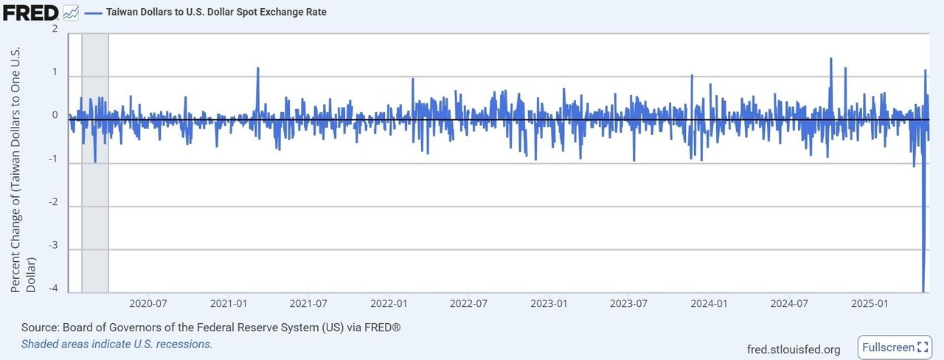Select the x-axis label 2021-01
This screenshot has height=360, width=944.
pyautogui.click(x=228, y=303)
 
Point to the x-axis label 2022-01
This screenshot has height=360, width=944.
pyautogui.click(x=389, y=303)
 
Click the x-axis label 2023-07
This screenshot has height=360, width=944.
pyautogui.click(x=629, y=303)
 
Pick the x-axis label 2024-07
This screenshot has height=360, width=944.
pyautogui.click(x=790, y=303)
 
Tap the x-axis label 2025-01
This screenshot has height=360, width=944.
pyautogui.click(x=870, y=303)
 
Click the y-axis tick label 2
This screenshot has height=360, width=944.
pyautogui.click(x=55, y=29)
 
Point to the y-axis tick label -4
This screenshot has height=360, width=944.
pyautogui.click(x=52, y=288)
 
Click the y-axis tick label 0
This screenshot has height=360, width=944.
pyautogui.click(x=55, y=115)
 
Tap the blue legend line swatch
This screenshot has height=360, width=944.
pyautogui.click(x=93, y=13)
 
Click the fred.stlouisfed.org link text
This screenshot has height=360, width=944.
pyautogui.click(x=794, y=349)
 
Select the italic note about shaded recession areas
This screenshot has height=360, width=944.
pyautogui.click(x=117, y=344)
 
